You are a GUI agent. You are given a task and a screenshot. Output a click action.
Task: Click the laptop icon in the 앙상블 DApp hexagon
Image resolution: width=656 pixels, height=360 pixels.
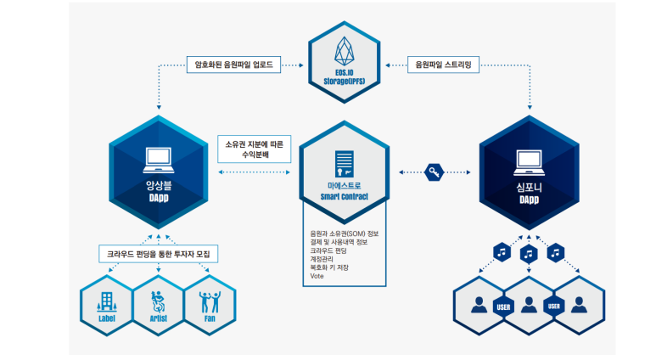pos(160,157)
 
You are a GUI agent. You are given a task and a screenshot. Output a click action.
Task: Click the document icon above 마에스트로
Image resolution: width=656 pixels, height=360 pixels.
pos(343,161)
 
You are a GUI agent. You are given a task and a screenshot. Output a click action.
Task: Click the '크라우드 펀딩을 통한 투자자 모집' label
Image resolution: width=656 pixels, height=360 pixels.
pos(159,254)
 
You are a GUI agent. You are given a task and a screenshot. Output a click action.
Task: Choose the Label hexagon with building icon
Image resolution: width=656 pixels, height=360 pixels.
pos(106,304)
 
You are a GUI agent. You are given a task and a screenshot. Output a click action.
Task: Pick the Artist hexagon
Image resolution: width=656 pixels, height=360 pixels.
pos(159,304)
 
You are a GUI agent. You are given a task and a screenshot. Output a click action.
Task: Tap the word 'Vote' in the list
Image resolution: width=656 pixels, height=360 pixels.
pos(317,276)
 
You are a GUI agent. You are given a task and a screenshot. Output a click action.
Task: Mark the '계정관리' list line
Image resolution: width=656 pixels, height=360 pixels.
pos(323,259)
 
